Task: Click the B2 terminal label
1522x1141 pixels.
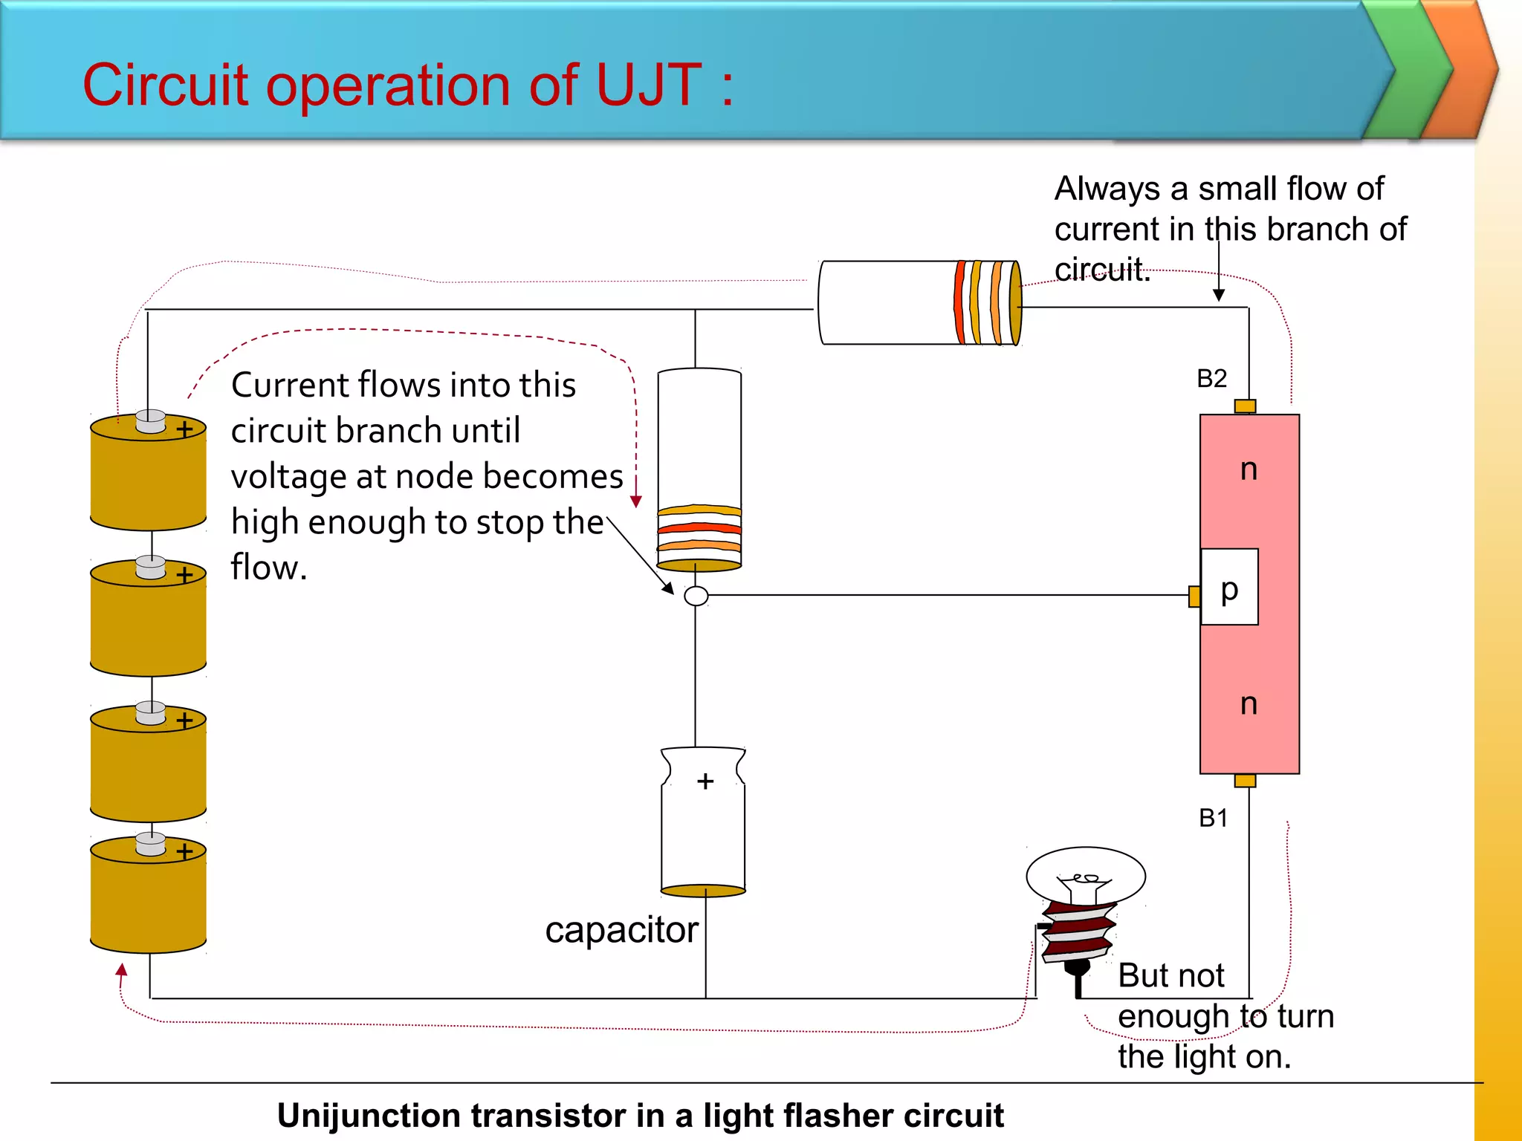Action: click(1211, 379)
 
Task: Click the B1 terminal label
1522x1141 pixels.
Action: click(1213, 818)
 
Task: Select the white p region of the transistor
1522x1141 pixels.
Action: click(1230, 587)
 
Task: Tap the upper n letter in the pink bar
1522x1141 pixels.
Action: click(1249, 469)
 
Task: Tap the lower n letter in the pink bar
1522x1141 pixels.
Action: click(1249, 704)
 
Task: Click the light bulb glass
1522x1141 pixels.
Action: click(1085, 875)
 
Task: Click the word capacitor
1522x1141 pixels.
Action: click(621, 930)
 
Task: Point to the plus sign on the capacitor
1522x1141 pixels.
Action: click(705, 781)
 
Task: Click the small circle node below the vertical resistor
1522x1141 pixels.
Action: click(696, 596)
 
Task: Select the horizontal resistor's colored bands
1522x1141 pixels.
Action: click(987, 302)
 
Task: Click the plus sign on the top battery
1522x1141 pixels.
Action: click(184, 429)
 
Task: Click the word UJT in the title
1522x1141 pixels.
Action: click(648, 85)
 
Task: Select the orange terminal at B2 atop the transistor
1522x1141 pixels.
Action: click(1245, 406)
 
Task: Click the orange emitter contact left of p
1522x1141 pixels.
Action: click(1194, 596)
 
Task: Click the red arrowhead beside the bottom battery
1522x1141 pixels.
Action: click(122, 969)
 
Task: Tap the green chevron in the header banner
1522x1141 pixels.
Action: click(1408, 71)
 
